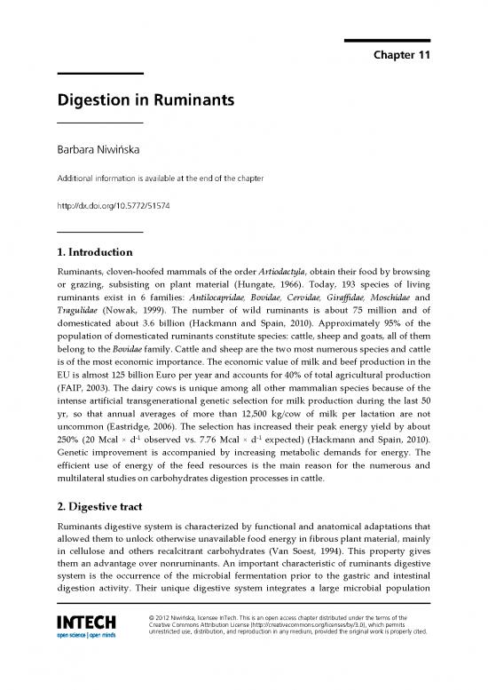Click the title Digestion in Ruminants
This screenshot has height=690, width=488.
tap(145, 102)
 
